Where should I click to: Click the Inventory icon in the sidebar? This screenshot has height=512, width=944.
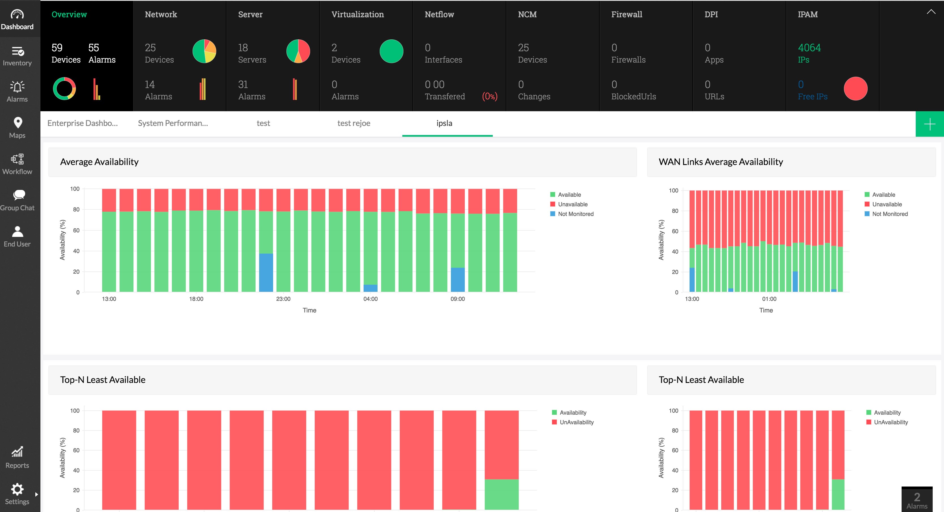point(17,51)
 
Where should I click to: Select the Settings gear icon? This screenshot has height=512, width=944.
point(17,489)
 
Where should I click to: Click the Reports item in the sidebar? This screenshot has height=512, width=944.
point(17,457)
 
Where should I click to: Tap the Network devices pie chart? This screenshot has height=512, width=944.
point(204,51)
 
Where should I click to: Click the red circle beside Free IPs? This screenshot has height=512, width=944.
point(855,88)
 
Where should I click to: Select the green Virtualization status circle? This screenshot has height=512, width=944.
point(391,51)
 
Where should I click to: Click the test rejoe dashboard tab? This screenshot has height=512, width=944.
point(354,123)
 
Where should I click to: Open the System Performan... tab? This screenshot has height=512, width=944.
point(173,123)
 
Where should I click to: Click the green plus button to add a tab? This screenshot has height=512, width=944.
point(929,124)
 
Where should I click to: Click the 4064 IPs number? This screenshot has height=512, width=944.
point(809,48)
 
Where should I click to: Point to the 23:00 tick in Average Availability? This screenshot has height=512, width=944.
point(283,299)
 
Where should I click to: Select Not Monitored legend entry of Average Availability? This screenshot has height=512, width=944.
point(575,214)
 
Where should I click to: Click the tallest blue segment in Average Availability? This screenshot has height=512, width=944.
point(266,272)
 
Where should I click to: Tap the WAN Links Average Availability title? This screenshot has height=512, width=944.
point(720,162)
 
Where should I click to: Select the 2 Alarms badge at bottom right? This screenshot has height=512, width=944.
point(917,500)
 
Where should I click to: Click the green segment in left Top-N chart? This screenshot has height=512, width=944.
point(501,494)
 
